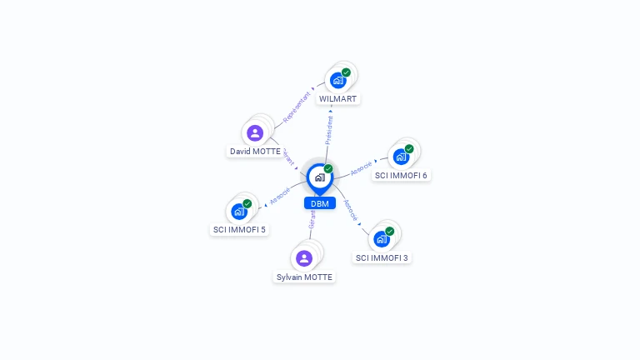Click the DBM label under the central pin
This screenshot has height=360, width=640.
(320, 203)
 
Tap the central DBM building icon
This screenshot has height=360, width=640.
(320, 177)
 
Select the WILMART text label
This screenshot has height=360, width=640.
(337, 98)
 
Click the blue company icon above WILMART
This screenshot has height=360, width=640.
(337, 80)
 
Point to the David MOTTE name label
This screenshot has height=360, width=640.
(255, 152)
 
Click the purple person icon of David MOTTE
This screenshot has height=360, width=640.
(255, 133)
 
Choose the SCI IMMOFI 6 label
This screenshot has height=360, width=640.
(401, 175)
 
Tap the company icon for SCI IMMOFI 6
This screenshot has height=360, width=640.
(401, 157)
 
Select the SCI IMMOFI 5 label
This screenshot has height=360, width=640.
(239, 229)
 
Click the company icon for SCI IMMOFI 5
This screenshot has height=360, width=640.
(239, 211)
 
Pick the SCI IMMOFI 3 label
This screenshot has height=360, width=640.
(382, 257)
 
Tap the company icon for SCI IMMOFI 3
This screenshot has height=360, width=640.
(382, 239)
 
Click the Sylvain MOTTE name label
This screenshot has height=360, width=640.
(304, 277)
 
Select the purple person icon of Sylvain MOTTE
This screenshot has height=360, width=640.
(304, 258)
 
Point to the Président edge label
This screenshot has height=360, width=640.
(329, 130)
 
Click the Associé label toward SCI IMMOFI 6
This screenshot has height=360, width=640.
(362, 167)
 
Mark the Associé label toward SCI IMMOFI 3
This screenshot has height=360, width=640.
(351, 209)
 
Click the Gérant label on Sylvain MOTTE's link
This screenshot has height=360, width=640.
(312, 219)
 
